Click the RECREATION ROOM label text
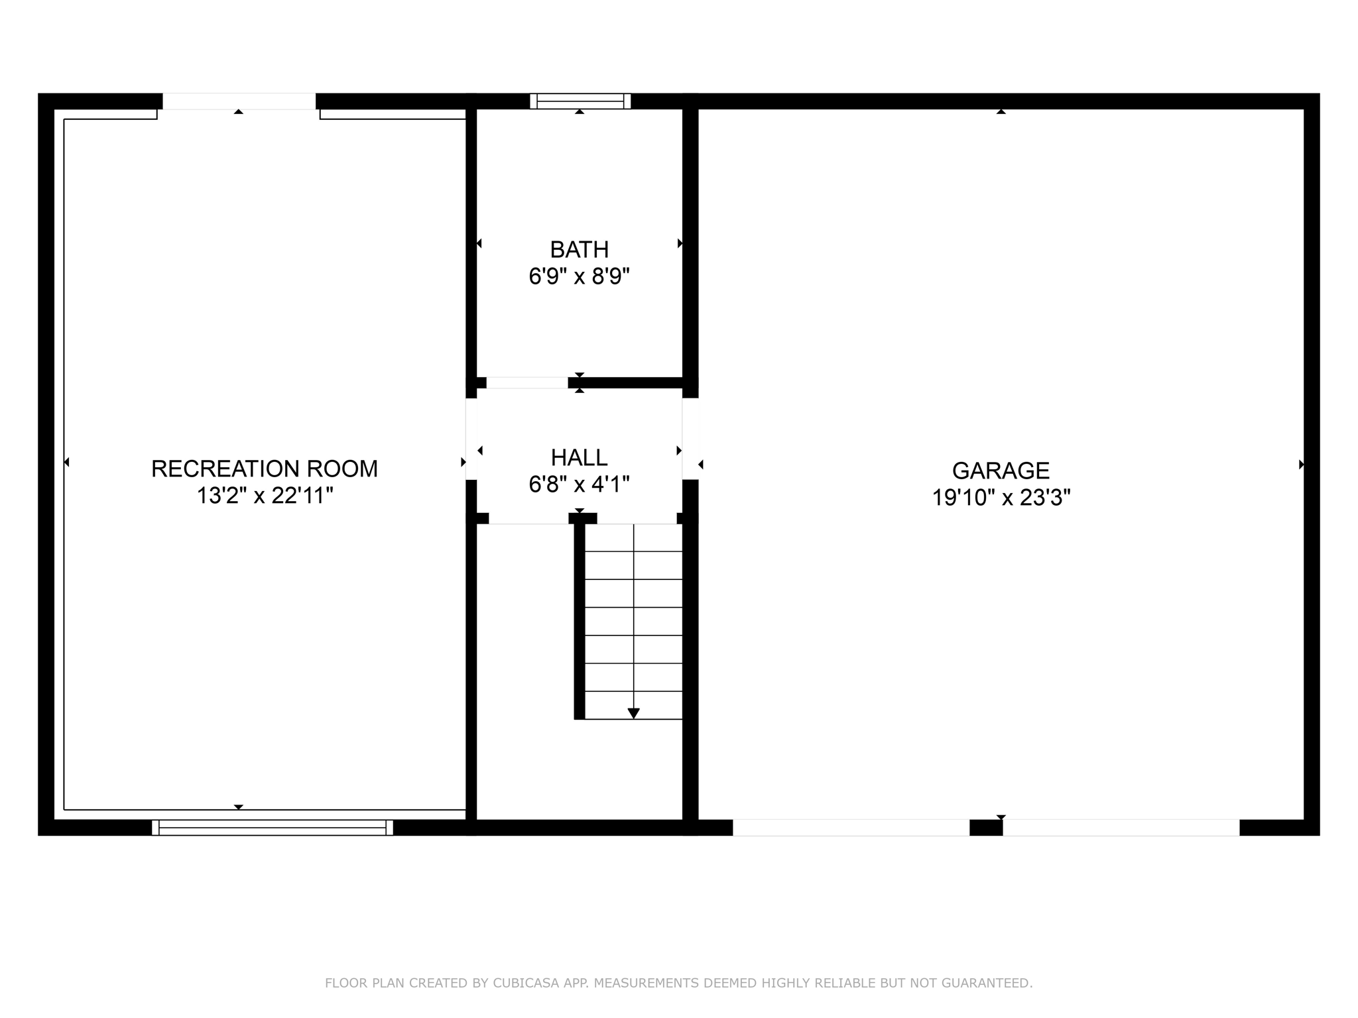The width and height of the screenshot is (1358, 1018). pos(264,469)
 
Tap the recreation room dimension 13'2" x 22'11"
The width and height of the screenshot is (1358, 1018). pos(264,496)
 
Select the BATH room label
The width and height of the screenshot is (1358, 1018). pos(579,249)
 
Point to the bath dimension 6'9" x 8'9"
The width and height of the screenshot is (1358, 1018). pos(579,276)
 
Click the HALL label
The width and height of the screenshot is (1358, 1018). pos(579,457)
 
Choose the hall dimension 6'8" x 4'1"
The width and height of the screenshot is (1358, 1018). pos(579,484)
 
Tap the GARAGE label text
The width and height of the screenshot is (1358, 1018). pos(1001,471)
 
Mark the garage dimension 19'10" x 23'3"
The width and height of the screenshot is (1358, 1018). pos(1001,498)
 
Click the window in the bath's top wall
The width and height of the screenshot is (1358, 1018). pos(580,101)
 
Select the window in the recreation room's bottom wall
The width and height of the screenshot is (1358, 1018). pos(272,828)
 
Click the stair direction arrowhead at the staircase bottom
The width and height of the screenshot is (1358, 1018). pos(633,713)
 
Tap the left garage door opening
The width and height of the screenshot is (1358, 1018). pos(851,828)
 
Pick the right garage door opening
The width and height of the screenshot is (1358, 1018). pos(1121,828)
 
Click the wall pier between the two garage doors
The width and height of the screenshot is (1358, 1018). pos(986,828)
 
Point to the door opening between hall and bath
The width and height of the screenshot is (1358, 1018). pos(527,382)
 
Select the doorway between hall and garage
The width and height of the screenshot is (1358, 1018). pos(690,439)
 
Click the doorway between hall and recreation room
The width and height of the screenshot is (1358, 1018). pos(471,439)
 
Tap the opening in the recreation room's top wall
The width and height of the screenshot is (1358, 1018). pos(239,101)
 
